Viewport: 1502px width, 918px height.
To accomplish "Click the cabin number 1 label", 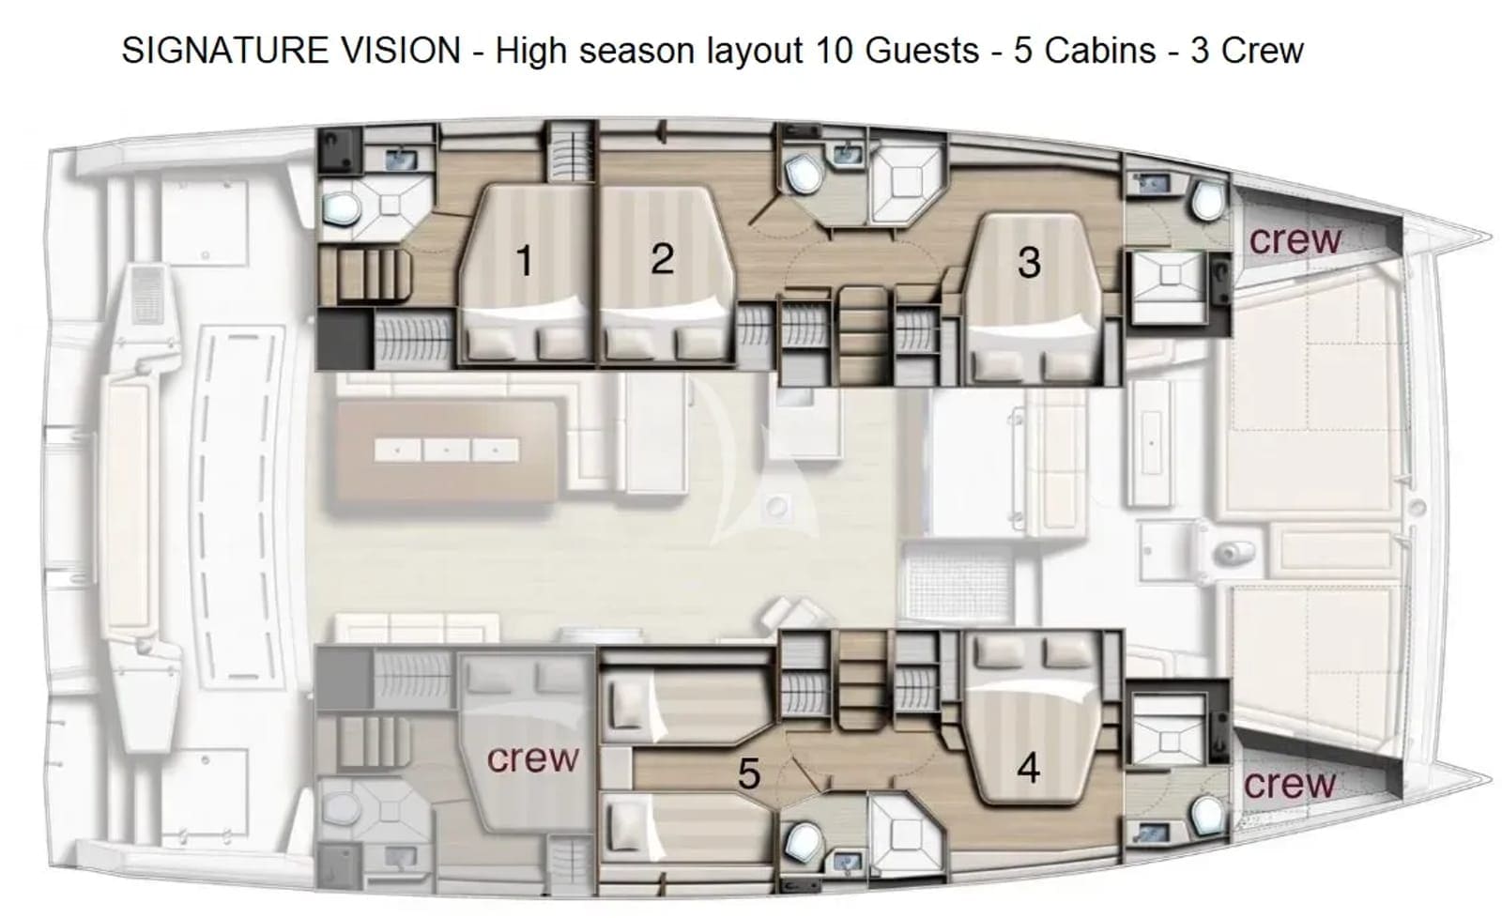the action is click(x=525, y=260).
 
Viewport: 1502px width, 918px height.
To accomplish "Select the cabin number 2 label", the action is click(x=663, y=259).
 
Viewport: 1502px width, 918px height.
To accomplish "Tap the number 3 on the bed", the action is click(x=1029, y=262).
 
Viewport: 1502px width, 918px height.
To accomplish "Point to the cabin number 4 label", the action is click(x=1029, y=768).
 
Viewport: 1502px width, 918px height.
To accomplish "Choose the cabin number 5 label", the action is click(x=749, y=774).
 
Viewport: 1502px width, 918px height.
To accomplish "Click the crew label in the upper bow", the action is click(x=1295, y=240).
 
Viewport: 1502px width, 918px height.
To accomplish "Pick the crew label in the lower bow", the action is click(x=1290, y=784).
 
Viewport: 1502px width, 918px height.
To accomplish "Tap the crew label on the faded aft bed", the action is click(x=532, y=758).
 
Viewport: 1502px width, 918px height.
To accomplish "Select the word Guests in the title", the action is click(x=922, y=51).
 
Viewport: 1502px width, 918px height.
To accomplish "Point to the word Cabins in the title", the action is click(x=1100, y=51).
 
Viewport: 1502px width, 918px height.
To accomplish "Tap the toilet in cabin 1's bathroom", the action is click(x=342, y=207).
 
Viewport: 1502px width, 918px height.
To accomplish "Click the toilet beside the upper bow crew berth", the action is click(x=1208, y=199).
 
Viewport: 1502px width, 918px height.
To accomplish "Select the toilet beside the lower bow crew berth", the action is click(x=1208, y=816).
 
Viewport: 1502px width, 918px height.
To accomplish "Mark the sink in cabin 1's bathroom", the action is click(x=401, y=160).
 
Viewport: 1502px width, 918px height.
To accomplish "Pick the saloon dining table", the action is click(x=447, y=451).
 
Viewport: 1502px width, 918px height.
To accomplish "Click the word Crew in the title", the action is click(x=1262, y=51).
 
